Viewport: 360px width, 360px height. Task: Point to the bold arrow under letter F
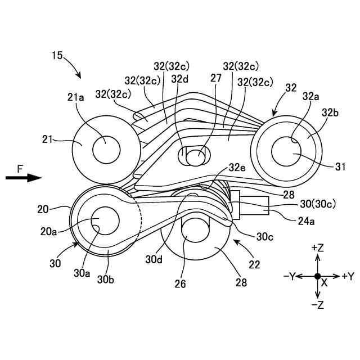pos(24,178)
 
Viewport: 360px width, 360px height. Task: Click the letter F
pos(20,168)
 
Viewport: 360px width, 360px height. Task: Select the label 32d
pos(179,79)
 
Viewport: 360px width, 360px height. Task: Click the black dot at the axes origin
pos(318,276)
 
